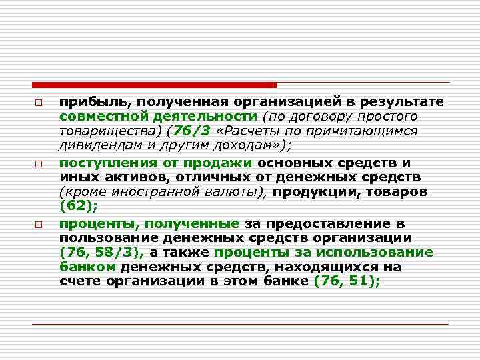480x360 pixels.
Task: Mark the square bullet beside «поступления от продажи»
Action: pos(39,163)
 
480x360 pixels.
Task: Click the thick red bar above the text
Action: pos(154,85)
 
